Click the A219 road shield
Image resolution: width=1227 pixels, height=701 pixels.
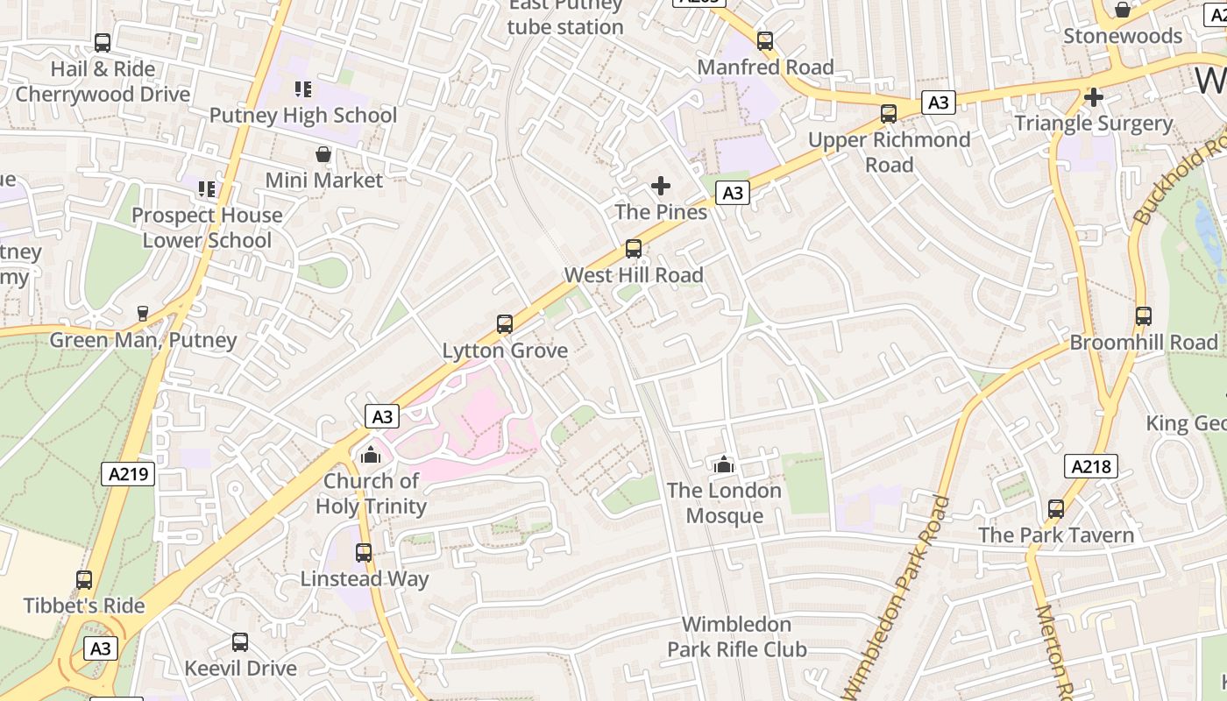point(128,474)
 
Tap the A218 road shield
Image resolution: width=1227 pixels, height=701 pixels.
point(1091,466)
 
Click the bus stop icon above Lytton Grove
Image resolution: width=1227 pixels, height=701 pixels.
point(504,324)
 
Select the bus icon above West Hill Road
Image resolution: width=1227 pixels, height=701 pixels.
point(633,249)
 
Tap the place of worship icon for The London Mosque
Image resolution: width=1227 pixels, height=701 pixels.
point(723,464)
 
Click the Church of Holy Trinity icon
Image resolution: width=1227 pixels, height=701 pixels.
point(371,455)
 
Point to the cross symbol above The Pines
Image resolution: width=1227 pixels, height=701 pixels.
point(661,186)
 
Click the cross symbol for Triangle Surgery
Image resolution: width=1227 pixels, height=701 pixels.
point(1093,97)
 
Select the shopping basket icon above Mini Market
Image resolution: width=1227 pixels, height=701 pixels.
point(323,154)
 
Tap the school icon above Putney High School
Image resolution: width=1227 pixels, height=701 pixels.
point(303,89)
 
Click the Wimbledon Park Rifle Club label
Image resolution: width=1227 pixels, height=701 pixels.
point(736,637)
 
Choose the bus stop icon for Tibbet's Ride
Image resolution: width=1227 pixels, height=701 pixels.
point(84,579)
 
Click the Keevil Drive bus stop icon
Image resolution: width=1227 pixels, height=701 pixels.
point(240,641)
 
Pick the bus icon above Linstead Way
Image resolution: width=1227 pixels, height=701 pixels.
point(364,553)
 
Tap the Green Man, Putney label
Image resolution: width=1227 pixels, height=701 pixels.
point(143,340)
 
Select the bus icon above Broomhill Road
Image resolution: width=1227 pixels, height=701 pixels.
point(1143,316)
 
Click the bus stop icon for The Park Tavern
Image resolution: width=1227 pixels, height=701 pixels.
point(1055,509)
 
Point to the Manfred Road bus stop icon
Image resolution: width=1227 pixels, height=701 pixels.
point(765,41)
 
